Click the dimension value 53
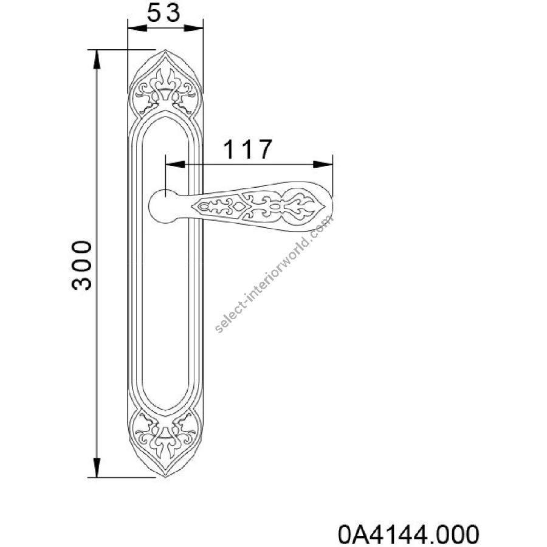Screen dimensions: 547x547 pos(163,13)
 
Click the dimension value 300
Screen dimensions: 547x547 pos(81,265)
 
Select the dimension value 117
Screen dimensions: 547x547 pos(247,150)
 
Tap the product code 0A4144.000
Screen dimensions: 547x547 pos(408,534)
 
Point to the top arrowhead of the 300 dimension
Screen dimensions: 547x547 pos(97,60)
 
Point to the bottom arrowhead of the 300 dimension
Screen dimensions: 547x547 pos(97,467)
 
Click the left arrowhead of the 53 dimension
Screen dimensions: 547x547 pos(137,28)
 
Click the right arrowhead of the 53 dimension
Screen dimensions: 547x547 pos(194,28)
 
